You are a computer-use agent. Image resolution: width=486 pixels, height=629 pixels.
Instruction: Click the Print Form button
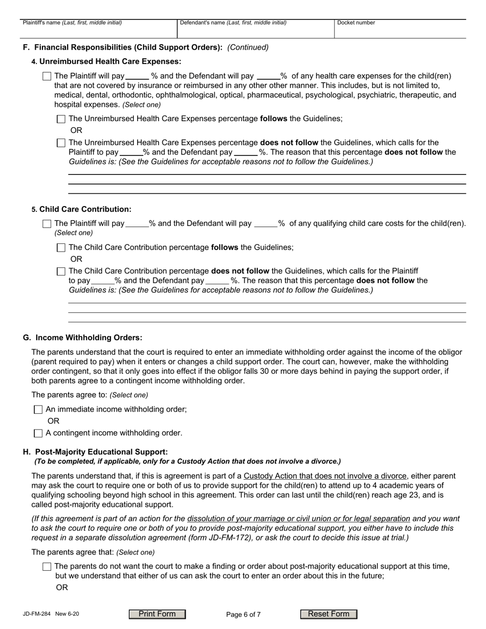(157, 614)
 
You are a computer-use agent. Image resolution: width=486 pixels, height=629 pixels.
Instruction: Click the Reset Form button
(328, 614)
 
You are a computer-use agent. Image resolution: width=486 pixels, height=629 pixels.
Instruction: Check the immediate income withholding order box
(38, 410)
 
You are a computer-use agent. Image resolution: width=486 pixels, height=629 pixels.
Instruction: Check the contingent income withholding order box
(38, 433)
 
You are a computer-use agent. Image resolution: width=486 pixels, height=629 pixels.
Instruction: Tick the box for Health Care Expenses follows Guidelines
(61, 119)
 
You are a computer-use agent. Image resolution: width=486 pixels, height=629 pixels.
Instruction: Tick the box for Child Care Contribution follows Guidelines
(61, 248)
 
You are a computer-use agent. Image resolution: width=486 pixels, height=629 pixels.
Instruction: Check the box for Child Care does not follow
(61, 272)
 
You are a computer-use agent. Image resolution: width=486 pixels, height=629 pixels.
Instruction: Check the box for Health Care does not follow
(61, 143)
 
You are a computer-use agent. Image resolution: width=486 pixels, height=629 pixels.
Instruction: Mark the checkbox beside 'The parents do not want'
(47, 567)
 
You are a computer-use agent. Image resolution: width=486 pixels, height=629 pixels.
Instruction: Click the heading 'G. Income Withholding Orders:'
(83, 338)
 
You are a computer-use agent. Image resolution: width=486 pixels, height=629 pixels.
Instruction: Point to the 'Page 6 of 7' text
(244, 615)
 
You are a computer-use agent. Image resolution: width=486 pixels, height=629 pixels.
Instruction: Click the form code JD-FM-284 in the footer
(36, 614)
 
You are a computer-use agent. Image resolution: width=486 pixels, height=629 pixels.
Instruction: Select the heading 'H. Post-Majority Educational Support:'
(95, 452)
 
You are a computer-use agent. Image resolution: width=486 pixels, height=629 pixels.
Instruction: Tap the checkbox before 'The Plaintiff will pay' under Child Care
(47, 224)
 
